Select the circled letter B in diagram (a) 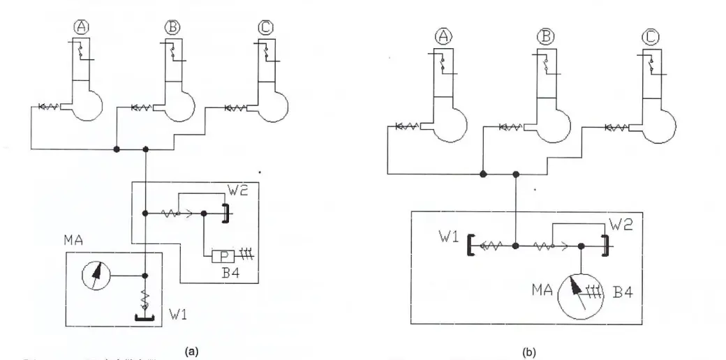click(171, 28)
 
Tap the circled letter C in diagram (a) click(266, 28)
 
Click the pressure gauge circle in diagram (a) click(95, 276)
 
